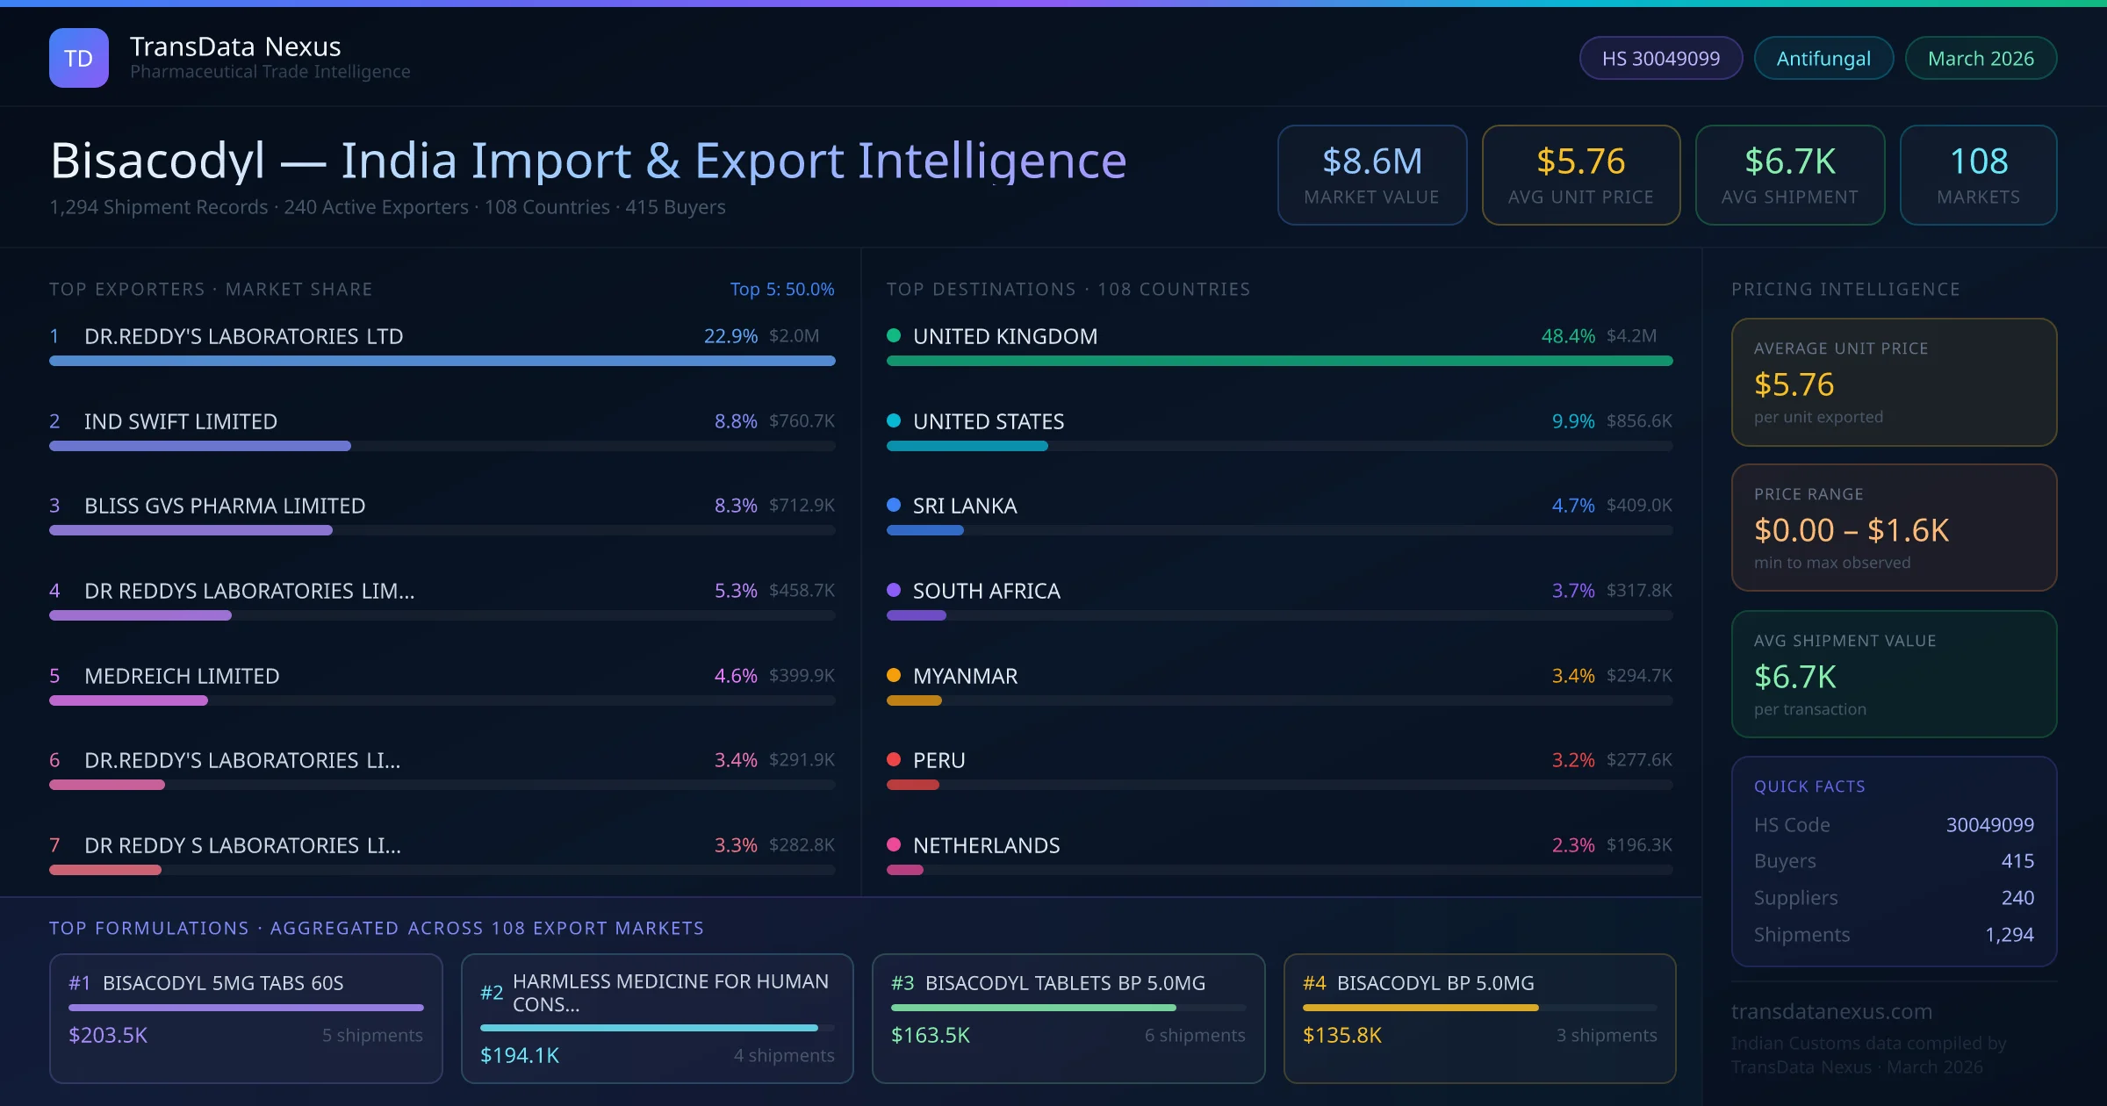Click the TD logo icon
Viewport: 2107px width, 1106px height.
pyautogui.click(x=78, y=58)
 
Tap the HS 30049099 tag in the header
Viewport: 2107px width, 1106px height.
pyautogui.click(x=1660, y=59)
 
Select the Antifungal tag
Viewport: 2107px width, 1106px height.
pyautogui.click(x=1823, y=59)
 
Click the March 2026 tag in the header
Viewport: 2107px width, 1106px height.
pyautogui.click(x=1980, y=59)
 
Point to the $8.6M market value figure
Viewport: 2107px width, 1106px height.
pyautogui.click(x=1371, y=162)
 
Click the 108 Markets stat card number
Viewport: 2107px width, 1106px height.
pyautogui.click(x=1978, y=162)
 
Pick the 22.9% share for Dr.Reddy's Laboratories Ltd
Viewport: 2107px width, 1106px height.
pyautogui.click(x=730, y=336)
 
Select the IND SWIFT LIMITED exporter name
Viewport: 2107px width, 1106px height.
pyautogui.click(x=180, y=421)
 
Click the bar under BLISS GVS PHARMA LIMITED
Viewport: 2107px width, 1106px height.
pyautogui.click(x=191, y=530)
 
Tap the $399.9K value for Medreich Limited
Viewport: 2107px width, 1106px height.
pyautogui.click(x=801, y=676)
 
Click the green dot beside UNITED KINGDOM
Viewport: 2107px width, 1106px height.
pyautogui.click(x=894, y=335)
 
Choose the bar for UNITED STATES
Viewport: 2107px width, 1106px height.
pyautogui.click(x=967, y=446)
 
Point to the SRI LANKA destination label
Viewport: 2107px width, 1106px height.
pyautogui.click(x=964, y=506)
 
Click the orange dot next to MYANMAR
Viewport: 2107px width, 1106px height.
pyautogui.click(x=894, y=675)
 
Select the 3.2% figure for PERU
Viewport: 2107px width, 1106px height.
pyautogui.click(x=1572, y=760)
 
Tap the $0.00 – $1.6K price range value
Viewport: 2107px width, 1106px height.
pyautogui.click(x=1851, y=530)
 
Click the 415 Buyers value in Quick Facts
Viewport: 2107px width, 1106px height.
pyautogui.click(x=2017, y=861)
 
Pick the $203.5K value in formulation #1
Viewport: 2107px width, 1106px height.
pyautogui.click(x=108, y=1036)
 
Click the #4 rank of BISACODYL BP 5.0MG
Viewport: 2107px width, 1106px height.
pyautogui.click(x=1313, y=983)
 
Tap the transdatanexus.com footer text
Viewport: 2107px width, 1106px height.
pyautogui.click(x=1830, y=1012)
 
